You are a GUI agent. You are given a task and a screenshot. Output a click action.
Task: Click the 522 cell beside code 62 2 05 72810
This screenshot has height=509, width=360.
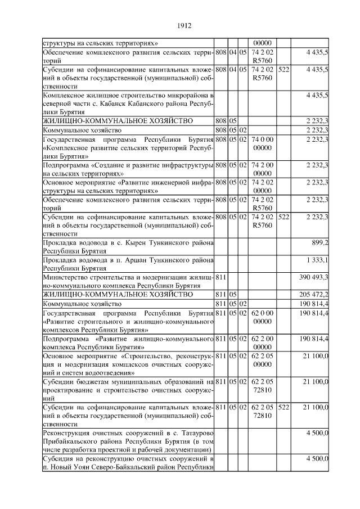tap(283, 407)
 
